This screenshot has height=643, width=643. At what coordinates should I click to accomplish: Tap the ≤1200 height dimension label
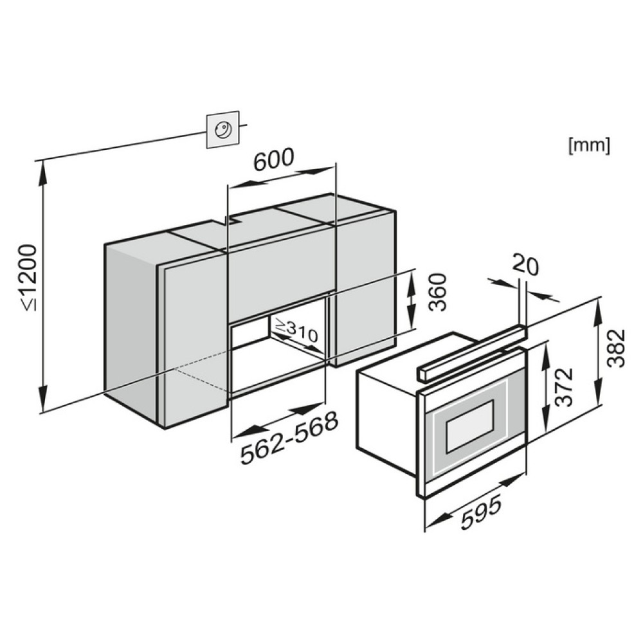click(29, 277)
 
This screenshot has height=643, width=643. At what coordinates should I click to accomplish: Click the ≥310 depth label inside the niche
click(296, 331)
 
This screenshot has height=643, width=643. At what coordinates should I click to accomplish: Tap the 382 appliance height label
click(616, 348)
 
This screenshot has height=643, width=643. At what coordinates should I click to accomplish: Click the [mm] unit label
click(589, 145)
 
